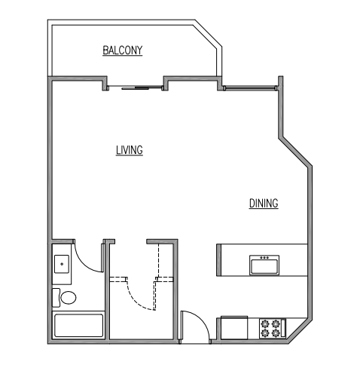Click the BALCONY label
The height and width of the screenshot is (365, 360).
coord(123,51)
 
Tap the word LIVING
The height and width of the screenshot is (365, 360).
coord(129,150)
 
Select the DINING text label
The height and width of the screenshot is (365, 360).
coord(264,203)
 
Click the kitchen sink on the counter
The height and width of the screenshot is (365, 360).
coord(264,265)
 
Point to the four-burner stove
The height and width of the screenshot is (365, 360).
coord(272,328)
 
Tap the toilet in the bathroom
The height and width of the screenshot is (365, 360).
coord(66,297)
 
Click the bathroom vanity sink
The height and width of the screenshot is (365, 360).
coord(62,264)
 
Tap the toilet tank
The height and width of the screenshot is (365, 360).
coord(55,297)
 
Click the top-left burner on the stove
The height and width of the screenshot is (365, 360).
coord(266,323)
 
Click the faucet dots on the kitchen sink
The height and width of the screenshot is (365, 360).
coord(264,258)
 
